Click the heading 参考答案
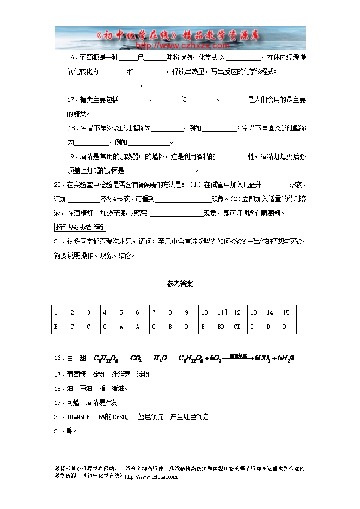[180, 284]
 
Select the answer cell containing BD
[221, 327]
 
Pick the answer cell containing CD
[237, 327]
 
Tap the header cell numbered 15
[286, 312]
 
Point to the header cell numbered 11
[222, 312]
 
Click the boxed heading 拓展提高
[80, 227]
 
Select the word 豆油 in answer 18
[86, 388]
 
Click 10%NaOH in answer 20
[78, 417]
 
